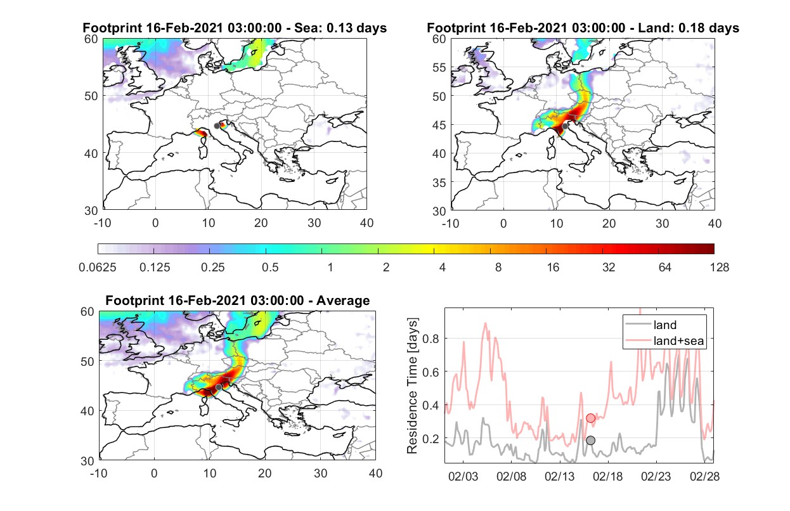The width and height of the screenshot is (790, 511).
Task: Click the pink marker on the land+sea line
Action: [x=591, y=418]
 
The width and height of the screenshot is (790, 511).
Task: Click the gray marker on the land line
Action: [x=591, y=440]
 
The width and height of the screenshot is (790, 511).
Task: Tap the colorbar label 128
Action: [x=720, y=268]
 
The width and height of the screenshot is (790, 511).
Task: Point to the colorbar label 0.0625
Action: [x=98, y=268]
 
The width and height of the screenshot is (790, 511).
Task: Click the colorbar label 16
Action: [x=553, y=268]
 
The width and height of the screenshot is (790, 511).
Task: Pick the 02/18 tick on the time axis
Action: [x=607, y=476]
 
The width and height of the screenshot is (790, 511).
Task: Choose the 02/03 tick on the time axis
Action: [x=463, y=476]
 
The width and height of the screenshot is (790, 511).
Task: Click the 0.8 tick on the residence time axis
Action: [x=431, y=339]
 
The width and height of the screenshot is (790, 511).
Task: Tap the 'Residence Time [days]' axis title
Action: [x=412, y=386]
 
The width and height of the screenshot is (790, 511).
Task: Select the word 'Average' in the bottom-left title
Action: [x=343, y=301]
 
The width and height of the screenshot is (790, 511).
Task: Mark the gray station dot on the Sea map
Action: [x=217, y=126]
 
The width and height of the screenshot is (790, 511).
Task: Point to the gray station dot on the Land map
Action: [x=565, y=126]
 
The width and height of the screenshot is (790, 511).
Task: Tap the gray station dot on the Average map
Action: [x=219, y=387]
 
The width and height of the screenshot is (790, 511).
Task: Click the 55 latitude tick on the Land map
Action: [x=439, y=67]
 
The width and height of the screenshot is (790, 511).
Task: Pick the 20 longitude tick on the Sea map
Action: [x=261, y=223]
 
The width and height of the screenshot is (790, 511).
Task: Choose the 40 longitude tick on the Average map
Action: [x=375, y=473]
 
